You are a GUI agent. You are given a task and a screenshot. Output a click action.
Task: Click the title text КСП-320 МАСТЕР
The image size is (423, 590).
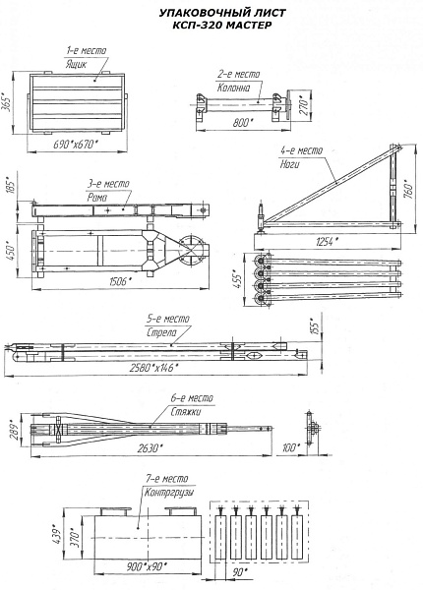(221, 26)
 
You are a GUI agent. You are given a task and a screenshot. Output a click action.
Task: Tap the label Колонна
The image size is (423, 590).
(233, 88)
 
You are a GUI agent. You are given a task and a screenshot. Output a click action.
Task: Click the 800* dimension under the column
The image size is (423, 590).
(241, 122)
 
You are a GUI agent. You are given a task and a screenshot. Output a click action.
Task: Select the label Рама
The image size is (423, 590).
(97, 198)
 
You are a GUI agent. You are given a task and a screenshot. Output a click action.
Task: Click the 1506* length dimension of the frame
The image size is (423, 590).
(119, 281)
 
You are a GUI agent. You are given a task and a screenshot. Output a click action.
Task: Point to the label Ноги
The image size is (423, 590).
(290, 164)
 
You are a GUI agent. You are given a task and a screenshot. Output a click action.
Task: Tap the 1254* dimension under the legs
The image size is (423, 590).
(326, 242)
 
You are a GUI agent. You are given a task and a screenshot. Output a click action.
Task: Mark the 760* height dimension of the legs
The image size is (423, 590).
(408, 189)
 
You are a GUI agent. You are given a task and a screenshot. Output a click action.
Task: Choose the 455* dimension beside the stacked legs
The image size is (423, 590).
(237, 279)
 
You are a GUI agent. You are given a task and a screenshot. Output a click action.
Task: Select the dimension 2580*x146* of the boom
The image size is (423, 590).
(152, 368)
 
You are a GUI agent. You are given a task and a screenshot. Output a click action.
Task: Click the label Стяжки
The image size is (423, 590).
(186, 411)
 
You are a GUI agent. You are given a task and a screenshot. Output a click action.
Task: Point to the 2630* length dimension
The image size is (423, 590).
(150, 448)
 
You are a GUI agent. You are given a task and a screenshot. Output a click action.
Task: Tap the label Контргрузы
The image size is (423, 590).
(169, 493)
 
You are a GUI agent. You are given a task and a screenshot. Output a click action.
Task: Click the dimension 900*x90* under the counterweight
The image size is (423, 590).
(147, 566)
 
